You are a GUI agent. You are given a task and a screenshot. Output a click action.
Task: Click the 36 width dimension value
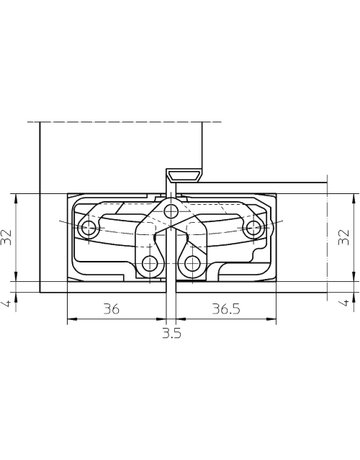tap(112, 310)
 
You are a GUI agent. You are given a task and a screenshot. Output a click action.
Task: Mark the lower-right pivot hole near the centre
tap(194, 263)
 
